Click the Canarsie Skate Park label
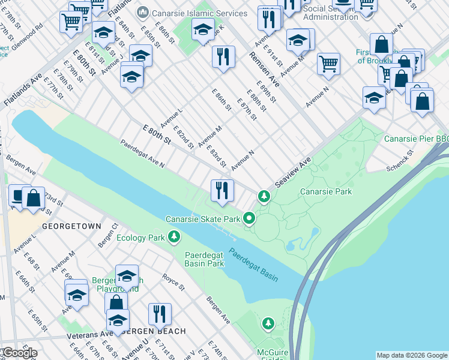203,219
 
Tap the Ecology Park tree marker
174,238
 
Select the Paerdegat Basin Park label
203,259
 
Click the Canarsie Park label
325,192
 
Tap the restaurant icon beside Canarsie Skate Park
222,191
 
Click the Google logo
19,353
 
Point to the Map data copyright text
412,355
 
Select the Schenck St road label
400,158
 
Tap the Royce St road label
173,282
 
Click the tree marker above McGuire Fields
268,324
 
